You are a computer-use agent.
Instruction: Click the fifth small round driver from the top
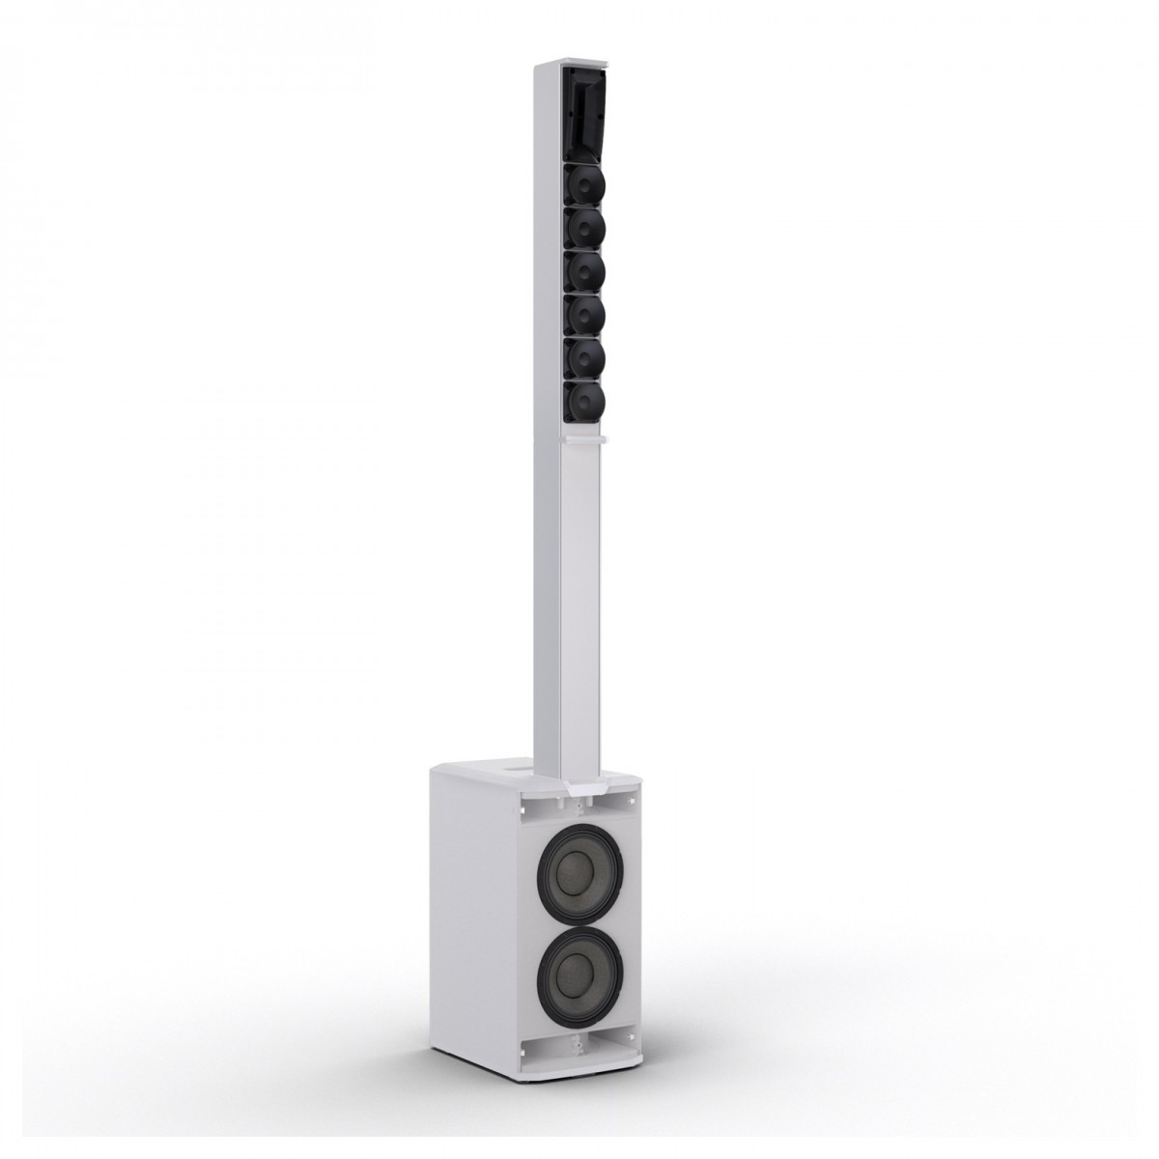pos(583,356)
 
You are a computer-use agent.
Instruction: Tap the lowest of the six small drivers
pos(583,399)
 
